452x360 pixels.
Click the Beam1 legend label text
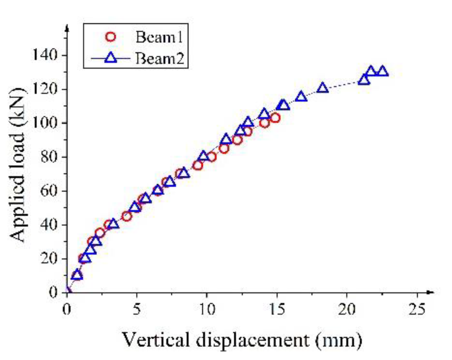(x=159, y=37)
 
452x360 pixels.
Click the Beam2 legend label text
(x=159, y=58)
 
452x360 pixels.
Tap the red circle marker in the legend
(x=110, y=37)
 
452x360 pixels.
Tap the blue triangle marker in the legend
(x=111, y=58)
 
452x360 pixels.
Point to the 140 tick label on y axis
(x=45, y=55)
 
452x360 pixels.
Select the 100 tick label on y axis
(x=45, y=123)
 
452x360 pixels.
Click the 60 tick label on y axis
(x=49, y=191)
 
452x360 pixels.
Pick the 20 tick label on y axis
(x=49, y=258)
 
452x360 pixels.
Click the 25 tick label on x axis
(x=416, y=310)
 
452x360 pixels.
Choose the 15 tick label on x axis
(x=277, y=310)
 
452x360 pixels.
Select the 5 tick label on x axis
(x=137, y=310)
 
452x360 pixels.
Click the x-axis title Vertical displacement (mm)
(x=242, y=340)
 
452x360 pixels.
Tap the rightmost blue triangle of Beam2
(x=382, y=71)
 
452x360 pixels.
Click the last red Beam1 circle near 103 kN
(x=275, y=118)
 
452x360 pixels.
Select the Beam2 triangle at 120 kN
(x=322, y=88)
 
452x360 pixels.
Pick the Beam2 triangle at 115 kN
(x=301, y=96)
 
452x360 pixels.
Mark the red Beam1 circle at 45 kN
(x=126, y=216)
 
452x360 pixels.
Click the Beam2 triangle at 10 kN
(x=77, y=275)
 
